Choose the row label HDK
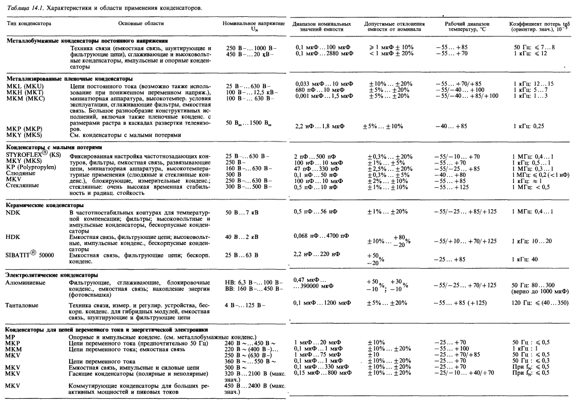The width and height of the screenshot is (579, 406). pos(12,237)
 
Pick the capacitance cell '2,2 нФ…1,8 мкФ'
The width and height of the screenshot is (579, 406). pos(320,125)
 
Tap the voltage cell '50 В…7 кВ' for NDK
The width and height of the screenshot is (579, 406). pos(242,212)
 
